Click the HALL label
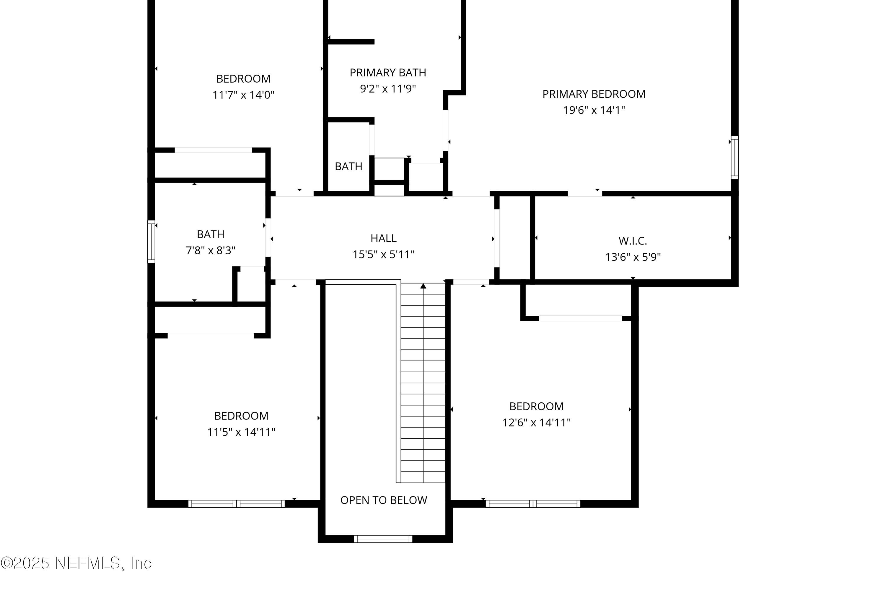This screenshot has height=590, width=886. coord(383,238)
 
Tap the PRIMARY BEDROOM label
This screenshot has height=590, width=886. coord(594,94)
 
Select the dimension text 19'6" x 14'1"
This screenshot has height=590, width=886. coord(594,110)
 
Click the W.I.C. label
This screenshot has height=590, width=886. coord(633,241)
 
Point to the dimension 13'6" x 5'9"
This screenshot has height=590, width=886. coord(633,257)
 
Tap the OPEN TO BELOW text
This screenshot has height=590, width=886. coord(383,500)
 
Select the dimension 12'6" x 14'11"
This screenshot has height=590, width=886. coord(536,422)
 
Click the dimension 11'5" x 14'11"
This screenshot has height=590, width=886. coord(241,432)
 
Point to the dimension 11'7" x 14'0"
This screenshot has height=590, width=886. coord(243,95)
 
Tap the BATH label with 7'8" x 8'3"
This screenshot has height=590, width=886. coord(211,235)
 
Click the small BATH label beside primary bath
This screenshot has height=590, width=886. coord(348,166)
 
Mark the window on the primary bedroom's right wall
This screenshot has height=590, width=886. coord(734,157)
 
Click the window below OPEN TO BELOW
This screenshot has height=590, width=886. coord(383,539)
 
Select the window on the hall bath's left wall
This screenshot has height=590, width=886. coord(151,242)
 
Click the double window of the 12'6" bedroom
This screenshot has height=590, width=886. coord(533,504)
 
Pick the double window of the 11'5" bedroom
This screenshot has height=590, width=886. coord(236,504)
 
